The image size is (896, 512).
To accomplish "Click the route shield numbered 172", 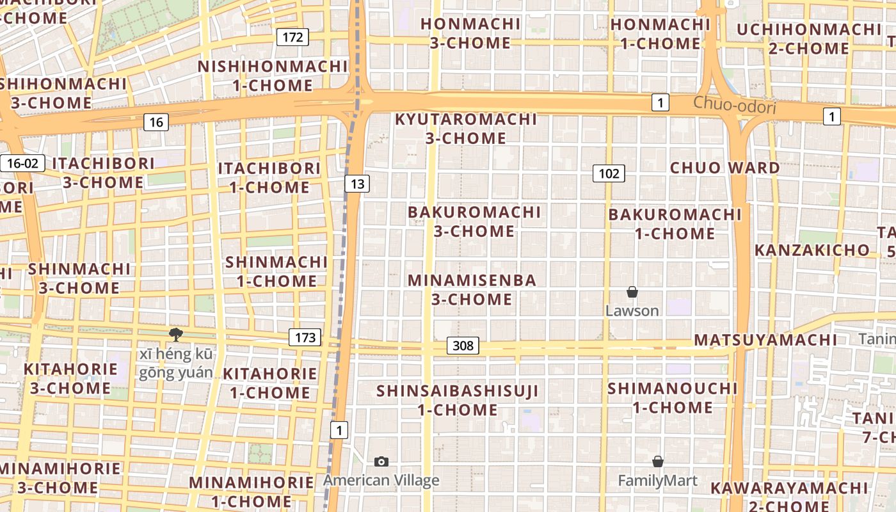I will pos(292,37).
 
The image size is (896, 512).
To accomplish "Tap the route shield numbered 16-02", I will pos(22,163).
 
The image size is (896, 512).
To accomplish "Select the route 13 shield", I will pos(357,184).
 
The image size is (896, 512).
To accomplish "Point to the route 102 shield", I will pos(608,173).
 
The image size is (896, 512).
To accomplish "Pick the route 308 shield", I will pos(462,346).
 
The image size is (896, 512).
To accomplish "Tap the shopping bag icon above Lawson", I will pos(632,292).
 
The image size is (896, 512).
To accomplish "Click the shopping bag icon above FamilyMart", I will pos(657,461).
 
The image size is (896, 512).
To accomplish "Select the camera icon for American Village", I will pos(381,461).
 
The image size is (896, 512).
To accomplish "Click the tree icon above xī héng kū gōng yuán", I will pos(175,334).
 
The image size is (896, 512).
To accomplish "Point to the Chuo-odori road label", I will pos(734,104).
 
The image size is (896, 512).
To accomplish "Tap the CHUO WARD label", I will pos(724,168).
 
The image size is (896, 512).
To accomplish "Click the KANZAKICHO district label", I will pos(812,250).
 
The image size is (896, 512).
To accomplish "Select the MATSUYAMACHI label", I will pos(765,340).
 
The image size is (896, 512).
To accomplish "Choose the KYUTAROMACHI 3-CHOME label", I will pos(465,129).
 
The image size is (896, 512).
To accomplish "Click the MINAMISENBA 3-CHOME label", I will pos(472,289).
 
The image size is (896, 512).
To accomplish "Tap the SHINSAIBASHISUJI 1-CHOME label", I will pos(458,400).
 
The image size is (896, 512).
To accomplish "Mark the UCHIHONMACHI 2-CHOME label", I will pos(809,39).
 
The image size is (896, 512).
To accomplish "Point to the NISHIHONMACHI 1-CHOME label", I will pos(273,76).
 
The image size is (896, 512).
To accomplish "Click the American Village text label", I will pos(381,481).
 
